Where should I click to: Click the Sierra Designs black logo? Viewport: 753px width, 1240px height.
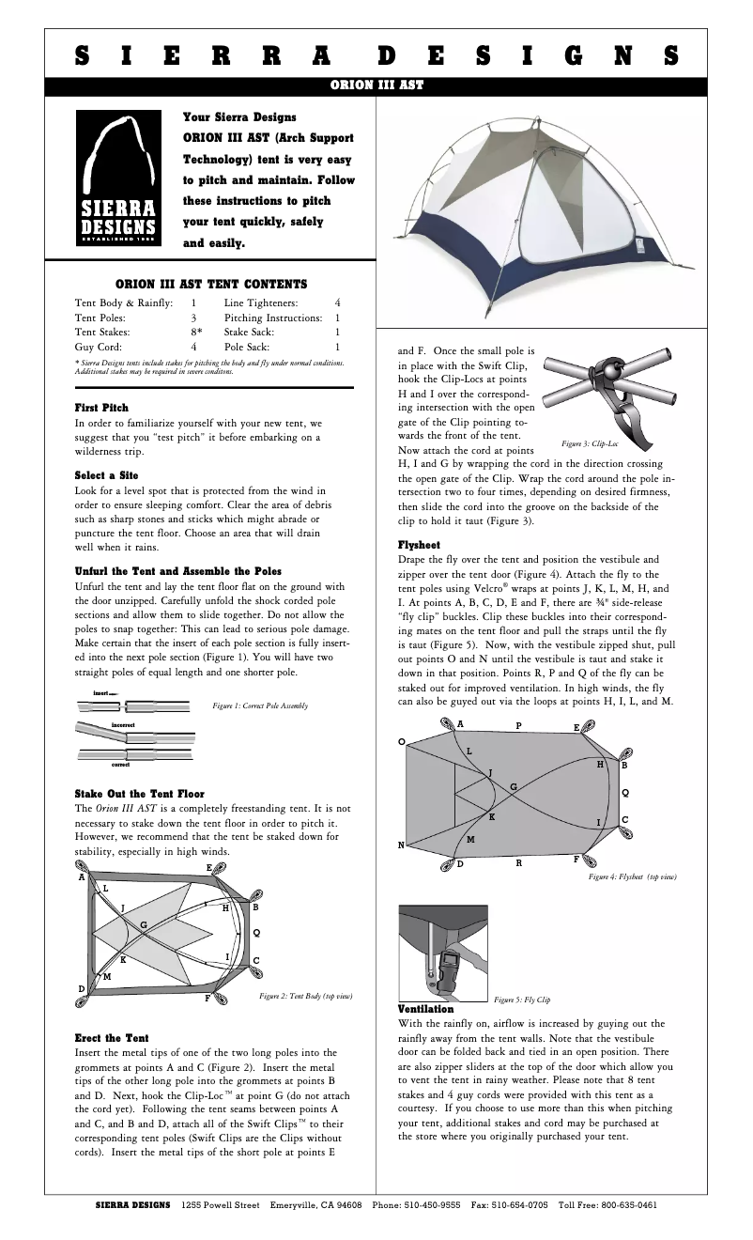pos(117,179)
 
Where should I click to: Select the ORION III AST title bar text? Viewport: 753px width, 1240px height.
pos(376,85)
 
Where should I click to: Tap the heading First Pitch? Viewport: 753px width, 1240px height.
pos(95,408)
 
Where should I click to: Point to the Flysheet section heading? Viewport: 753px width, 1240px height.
pos(420,544)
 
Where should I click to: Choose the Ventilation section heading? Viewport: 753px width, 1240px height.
pos(426,1009)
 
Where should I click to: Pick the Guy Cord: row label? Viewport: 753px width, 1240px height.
pos(96,347)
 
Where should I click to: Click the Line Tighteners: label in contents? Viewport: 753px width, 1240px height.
pos(261,302)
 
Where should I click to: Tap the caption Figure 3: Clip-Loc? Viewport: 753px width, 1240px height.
pos(589,442)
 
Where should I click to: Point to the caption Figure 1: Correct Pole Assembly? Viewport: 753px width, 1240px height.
pos(260,705)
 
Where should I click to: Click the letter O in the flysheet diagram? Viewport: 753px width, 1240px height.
pos(402,742)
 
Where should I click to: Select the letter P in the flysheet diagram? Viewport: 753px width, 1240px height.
pos(518,726)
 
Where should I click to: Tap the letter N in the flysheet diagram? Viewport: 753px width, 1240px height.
pos(401,845)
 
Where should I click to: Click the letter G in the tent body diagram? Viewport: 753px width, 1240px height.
pos(144,925)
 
